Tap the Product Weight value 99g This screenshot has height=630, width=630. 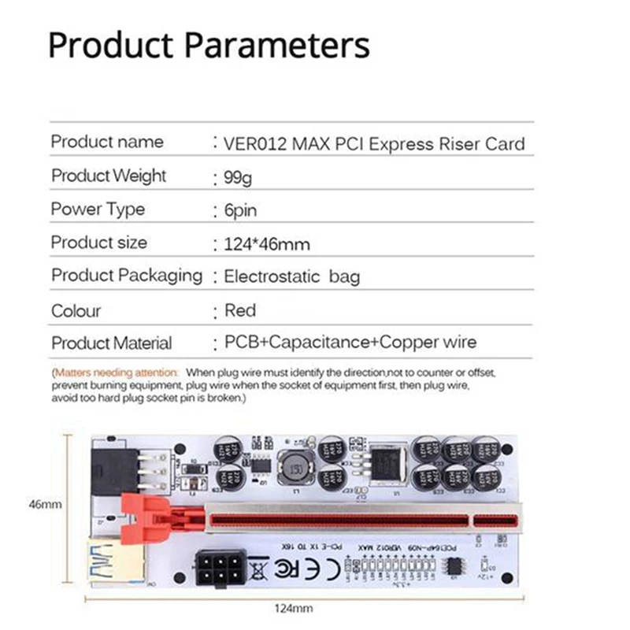coord(239,178)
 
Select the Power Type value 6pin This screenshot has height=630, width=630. coord(240,211)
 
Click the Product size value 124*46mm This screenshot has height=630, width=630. coord(267,244)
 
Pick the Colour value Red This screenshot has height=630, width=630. coord(240,310)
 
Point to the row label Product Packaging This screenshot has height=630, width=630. coord(127,276)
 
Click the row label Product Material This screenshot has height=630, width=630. coord(111,343)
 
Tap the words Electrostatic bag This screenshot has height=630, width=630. coord(291,276)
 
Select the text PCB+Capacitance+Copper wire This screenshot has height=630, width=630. coord(350,343)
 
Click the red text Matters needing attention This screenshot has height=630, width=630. coord(116,371)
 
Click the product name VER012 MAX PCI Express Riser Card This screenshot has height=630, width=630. coord(374,144)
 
